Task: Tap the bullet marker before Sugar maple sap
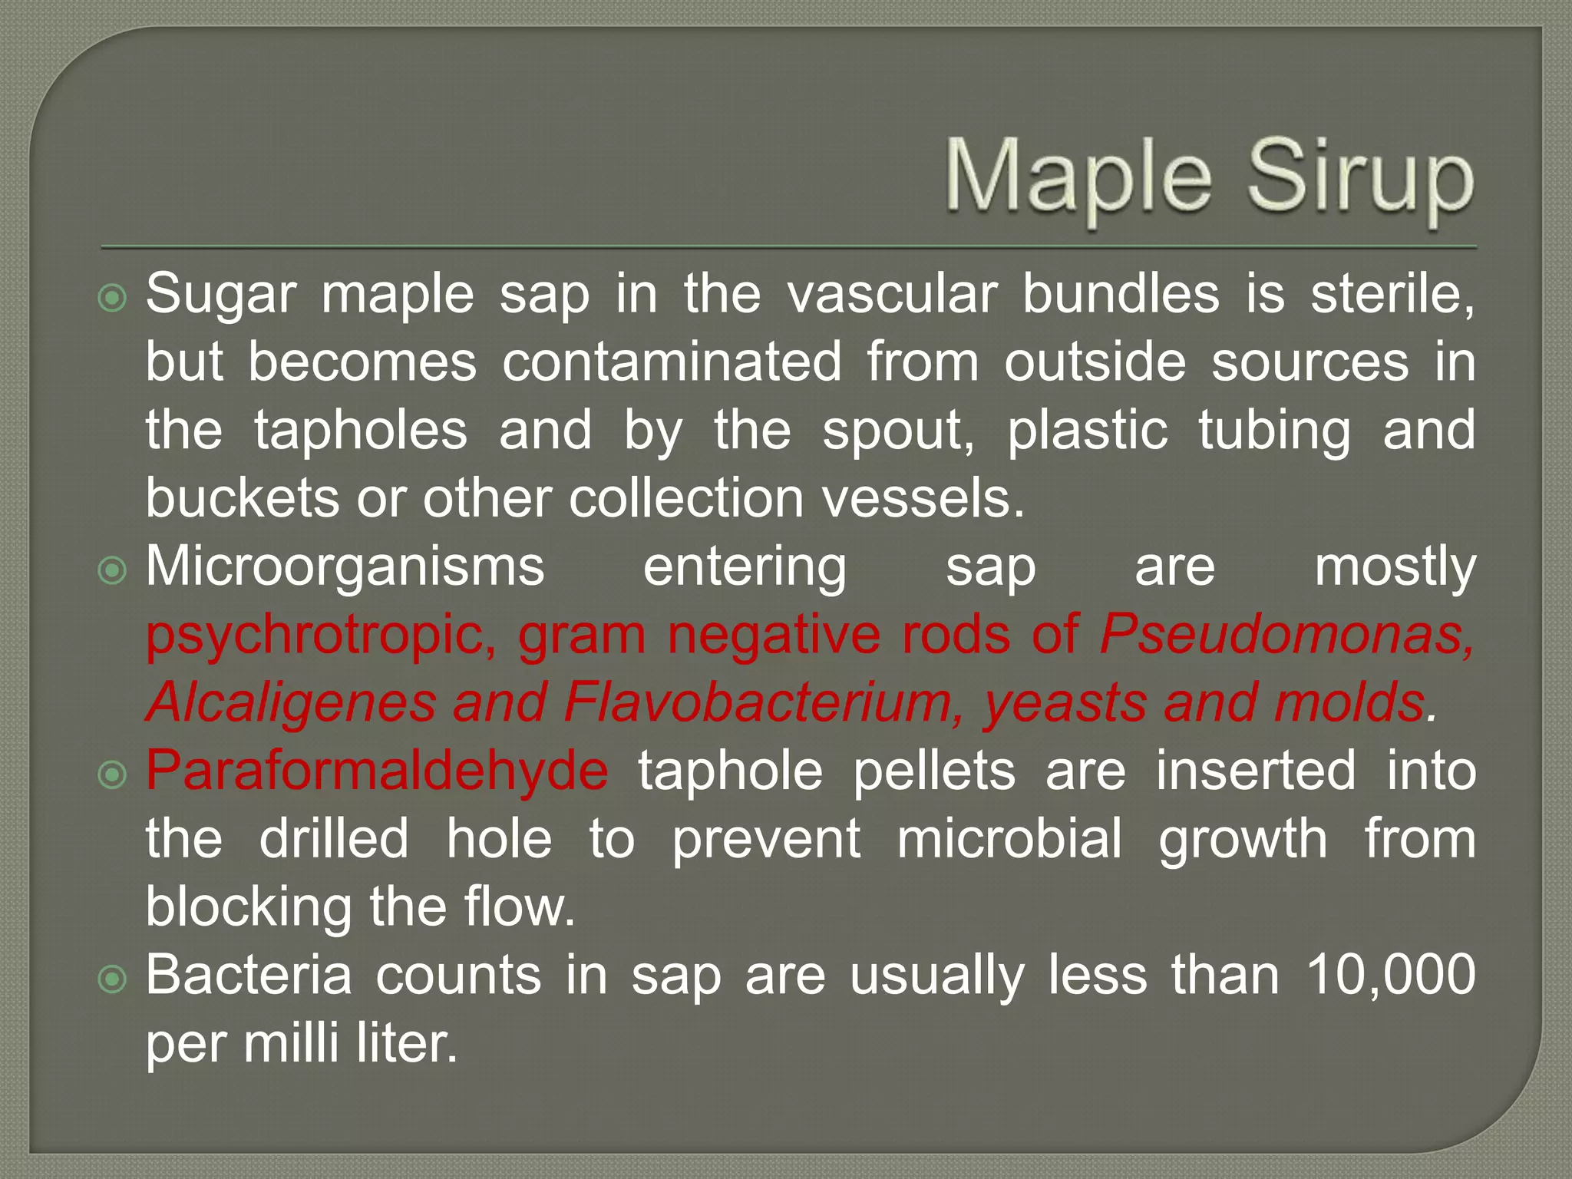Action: [113, 298]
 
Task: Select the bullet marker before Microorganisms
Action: [113, 570]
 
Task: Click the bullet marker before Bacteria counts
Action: [113, 979]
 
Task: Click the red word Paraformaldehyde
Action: [377, 771]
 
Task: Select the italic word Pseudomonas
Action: [1286, 635]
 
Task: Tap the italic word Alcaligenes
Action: [291, 702]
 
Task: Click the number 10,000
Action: [1390, 975]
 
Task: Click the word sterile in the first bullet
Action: [1391, 295]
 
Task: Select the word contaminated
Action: [672, 362]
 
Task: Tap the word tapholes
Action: [361, 430]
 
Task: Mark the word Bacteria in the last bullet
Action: [249, 975]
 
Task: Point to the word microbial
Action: [1009, 839]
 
